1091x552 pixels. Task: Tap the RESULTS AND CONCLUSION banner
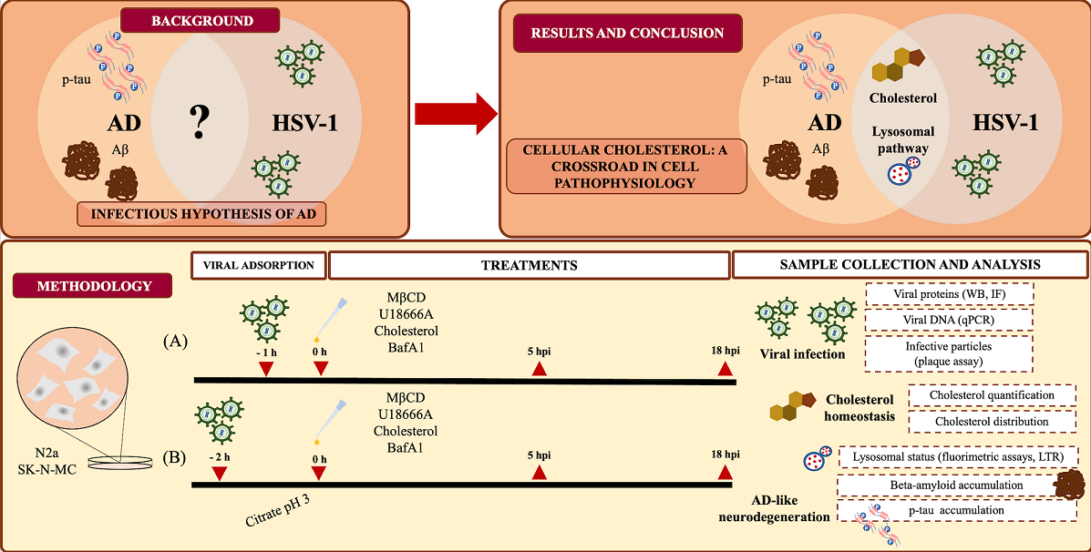[627, 34]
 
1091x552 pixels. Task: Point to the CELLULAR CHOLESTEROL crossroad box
[626, 166]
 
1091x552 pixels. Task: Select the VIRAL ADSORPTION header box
[258, 265]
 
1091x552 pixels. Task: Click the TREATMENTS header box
[529, 265]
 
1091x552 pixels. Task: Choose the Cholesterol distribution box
[992, 421]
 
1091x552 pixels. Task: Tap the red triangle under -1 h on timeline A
[266, 368]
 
